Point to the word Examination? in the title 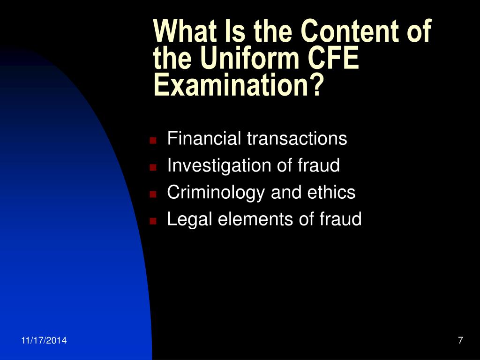coord(239,85)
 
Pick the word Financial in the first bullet coord(204,138)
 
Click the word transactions coord(297,138)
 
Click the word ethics coord(331,192)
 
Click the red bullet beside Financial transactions coord(153,141)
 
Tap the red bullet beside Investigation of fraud coord(153,167)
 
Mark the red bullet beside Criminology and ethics coord(153,195)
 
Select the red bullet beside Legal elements coord(153,221)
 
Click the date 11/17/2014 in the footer coord(44,340)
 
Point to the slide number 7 coord(460,340)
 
